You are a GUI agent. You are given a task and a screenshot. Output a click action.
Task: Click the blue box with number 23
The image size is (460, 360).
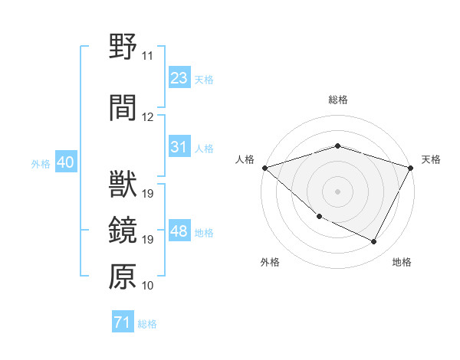pos(179,78)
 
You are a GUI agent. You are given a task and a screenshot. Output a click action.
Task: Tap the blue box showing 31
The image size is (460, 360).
pos(179,147)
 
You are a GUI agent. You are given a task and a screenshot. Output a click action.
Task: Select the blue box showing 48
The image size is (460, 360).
pos(179,231)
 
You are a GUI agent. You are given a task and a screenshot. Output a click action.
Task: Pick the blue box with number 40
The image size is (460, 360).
pos(65,162)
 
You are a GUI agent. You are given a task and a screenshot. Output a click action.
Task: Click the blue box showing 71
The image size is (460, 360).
pos(122,322)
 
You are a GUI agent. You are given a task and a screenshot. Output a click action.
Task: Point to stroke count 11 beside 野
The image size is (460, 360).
pos(147,57)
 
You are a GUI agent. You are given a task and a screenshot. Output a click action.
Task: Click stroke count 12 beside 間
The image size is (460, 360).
pos(147,117)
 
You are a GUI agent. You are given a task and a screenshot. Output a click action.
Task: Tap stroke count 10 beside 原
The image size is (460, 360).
pos(147,286)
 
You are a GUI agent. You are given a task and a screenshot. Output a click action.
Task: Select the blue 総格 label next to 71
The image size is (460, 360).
pos(147,324)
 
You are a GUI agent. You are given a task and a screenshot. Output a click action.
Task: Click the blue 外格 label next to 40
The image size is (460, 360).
pos(41,164)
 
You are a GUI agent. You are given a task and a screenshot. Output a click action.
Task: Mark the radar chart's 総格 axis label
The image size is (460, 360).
pos(337,100)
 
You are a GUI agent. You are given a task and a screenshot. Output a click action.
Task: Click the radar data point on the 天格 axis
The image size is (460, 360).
pos(412,168)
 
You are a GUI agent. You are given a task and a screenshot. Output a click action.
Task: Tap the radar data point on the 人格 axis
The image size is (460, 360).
pos(264,168)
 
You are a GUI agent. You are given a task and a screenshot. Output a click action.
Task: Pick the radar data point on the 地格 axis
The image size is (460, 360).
pos(374,242)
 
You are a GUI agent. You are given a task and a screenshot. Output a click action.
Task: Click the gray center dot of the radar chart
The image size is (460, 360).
pos(337,191)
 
